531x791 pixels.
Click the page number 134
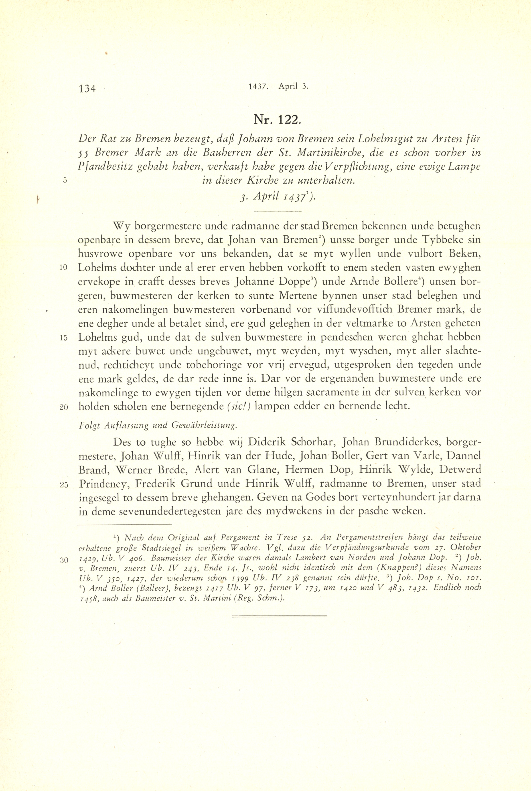point(87,89)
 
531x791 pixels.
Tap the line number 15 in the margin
point(64,338)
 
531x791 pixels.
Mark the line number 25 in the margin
point(64,484)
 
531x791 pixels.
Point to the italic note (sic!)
point(239,406)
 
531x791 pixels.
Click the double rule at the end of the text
point(279,616)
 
